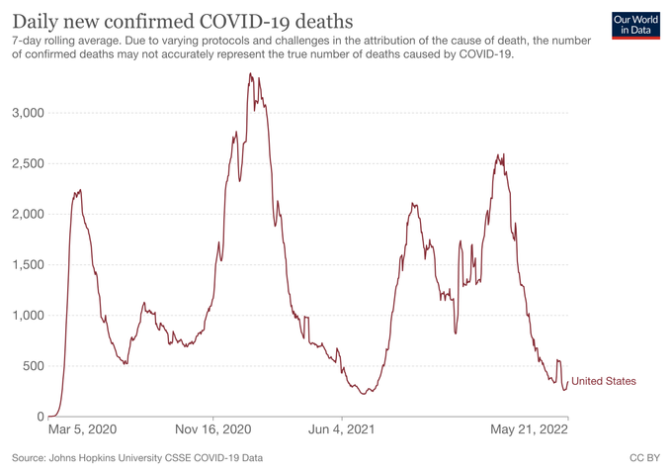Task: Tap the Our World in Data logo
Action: [x=635, y=27]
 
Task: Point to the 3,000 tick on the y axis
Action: [x=27, y=113]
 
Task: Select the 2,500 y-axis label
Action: [x=27, y=163]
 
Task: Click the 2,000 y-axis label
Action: [x=27, y=214]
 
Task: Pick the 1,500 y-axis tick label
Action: [x=27, y=265]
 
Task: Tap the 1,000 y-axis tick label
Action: [x=27, y=316]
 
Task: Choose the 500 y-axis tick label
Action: [x=33, y=366]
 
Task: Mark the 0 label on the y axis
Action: [x=40, y=417]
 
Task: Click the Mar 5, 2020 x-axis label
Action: [x=83, y=430]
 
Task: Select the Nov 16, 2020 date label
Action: [x=214, y=430]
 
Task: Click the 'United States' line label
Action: [x=604, y=381]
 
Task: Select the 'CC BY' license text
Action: [x=644, y=458]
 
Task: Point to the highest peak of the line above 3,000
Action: [x=250, y=73]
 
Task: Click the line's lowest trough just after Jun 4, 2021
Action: [x=364, y=394]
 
